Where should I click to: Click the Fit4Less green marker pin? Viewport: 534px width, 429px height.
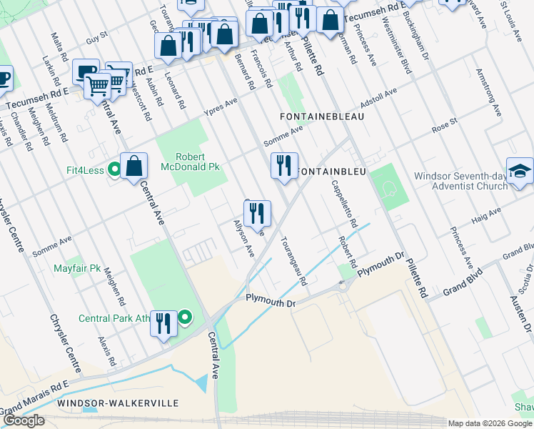114,170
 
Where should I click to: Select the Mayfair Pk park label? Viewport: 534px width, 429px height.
77,269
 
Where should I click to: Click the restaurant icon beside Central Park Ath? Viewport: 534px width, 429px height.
163,324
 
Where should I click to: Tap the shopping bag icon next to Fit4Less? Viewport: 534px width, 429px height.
133,167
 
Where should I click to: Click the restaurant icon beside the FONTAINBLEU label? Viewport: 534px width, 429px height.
284,167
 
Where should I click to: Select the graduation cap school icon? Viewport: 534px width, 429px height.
520,172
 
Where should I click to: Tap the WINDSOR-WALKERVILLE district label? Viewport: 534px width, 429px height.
118,403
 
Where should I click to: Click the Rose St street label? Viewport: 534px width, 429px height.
444,126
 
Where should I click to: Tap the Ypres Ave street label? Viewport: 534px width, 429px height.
220,107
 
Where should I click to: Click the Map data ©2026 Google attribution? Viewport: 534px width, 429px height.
490,423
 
